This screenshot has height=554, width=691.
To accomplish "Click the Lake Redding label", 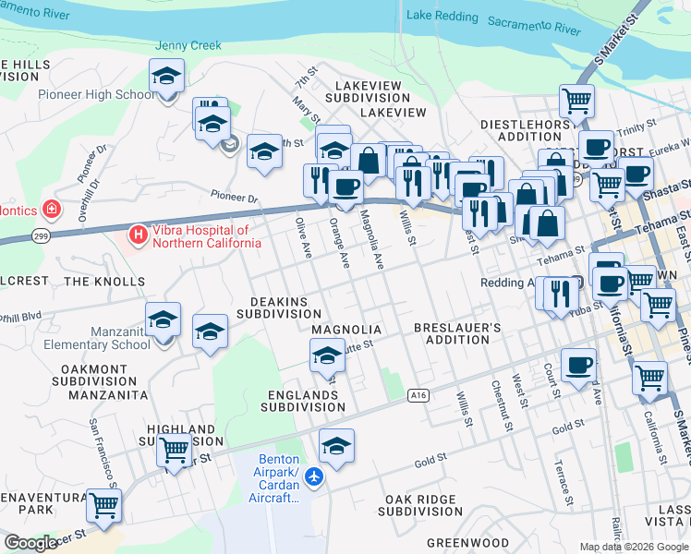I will click(x=442, y=17).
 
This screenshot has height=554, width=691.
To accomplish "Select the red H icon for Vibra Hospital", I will click(x=139, y=235).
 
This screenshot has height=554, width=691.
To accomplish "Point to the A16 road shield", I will click(x=419, y=395).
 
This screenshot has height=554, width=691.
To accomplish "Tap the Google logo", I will click(x=30, y=543).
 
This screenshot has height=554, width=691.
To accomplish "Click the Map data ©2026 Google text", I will click(x=634, y=547).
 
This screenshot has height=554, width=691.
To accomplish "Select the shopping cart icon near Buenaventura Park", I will click(x=103, y=506).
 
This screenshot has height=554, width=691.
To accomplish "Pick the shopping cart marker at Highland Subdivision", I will click(x=174, y=451).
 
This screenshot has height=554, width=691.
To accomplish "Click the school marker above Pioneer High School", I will click(x=166, y=76).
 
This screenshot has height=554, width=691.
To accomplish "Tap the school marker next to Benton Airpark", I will click(x=336, y=446).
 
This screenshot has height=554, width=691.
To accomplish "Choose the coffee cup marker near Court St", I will click(x=578, y=366).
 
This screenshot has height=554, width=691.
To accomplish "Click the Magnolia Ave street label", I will click(x=371, y=239).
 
